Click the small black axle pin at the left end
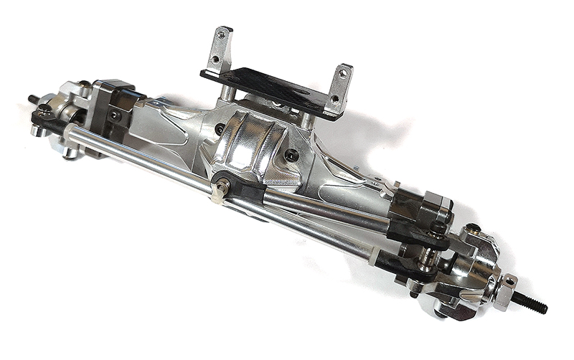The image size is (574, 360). tap(33, 99)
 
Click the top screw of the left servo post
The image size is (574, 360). tap(222, 34)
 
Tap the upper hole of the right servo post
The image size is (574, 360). tap(344, 72)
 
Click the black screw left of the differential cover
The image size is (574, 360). tap(220, 129)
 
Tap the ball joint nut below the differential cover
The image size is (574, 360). tap(223, 187)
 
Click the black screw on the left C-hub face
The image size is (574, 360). tap(114, 115)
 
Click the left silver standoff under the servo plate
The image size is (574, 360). tap(225, 93)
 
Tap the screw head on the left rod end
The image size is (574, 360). tap(44, 109)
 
